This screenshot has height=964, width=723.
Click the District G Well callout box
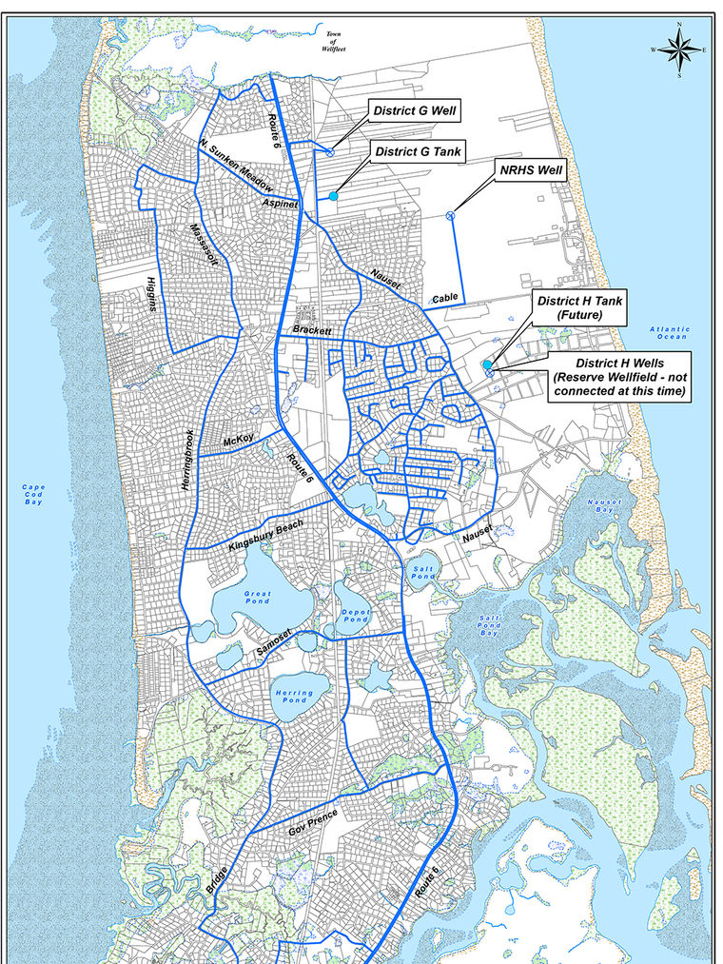[415, 111]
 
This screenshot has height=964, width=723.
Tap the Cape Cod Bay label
[33, 494]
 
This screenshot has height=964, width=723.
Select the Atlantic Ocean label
[670, 333]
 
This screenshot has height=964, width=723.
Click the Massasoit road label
[199, 247]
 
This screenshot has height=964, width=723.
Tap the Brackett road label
[312, 330]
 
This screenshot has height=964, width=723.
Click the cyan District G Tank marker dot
[334, 196]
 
